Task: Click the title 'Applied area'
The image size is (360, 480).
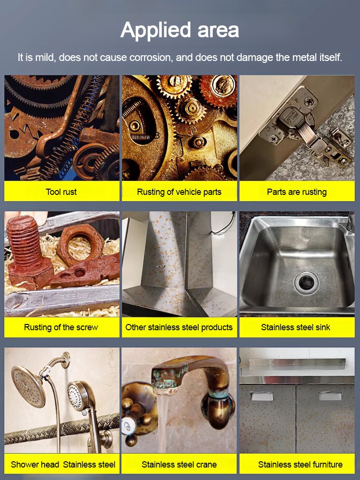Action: click(180, 30)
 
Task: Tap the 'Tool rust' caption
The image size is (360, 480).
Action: click(61, 192)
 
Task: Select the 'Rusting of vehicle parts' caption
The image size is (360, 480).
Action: click(179, 192)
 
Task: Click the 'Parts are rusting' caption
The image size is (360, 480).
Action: click(297, 192)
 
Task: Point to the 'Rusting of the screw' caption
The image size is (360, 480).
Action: click(61, 327)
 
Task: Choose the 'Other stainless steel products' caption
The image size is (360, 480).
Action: click(179, 327)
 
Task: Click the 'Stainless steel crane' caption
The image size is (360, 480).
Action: click(179, 464)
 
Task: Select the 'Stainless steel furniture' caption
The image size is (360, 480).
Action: click(300, 464)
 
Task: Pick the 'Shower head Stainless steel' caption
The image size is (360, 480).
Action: click(63, 464)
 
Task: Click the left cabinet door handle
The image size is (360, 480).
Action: click(262, 396)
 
